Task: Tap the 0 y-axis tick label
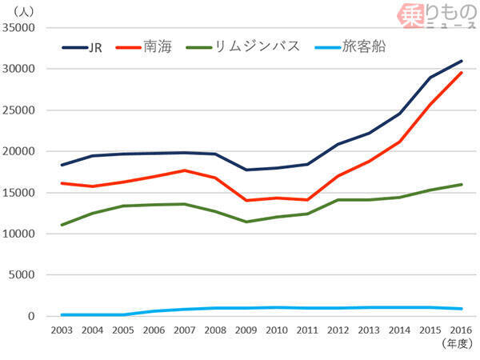click(x=33, y=317)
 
